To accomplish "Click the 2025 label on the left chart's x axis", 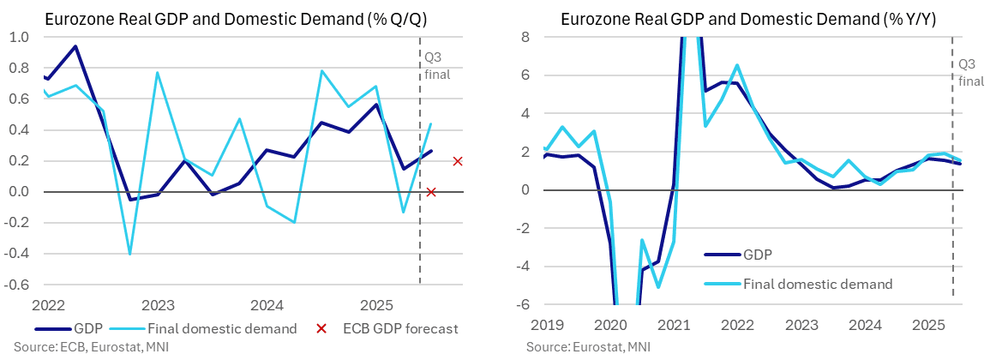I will pyautogui.click(x=376, y=305).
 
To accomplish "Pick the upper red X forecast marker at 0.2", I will pyautogui.click(x=458, y=161).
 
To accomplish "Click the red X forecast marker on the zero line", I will pyautogui.click(x=431, y=192).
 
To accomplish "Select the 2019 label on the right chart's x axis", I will pyautogui.click(x=546, y=325).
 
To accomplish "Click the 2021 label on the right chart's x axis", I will pyautogui.click(x=674, y=325).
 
